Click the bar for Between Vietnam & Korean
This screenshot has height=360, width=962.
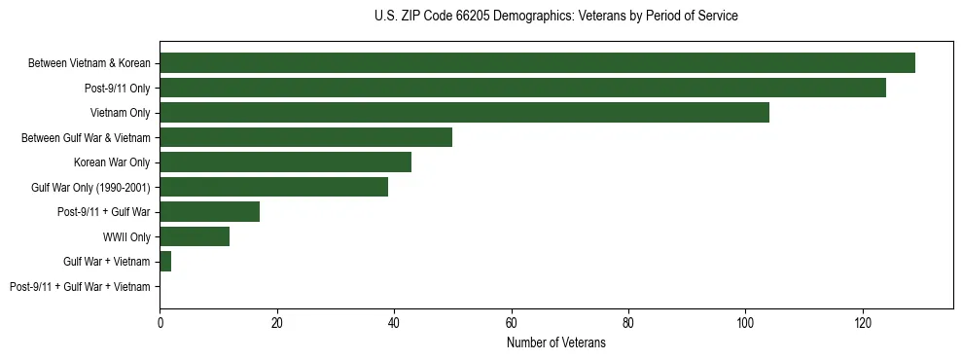pyautogui.click(x=537, y=63)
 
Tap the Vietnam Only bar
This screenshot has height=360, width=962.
pyautogui.click(x=464, y=113)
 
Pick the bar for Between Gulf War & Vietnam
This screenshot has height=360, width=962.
pyautogui.click(x=305, y=137)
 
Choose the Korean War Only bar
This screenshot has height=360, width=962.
pyautogui.click(x=285, y=162)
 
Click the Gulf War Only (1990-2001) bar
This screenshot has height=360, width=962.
pyautogui.click(x=273, y=187)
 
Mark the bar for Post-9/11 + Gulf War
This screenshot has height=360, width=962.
pyautogui.click(x=209, y=212)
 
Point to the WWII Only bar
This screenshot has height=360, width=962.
pyautogui.click(x=195, y=236)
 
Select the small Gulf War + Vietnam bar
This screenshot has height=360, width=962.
pyautogui.click(x=165, y=262)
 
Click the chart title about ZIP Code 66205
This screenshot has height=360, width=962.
pyautogui.click(x=555, y=17)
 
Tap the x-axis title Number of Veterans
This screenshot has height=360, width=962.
pyautogui.click(x=555, y=342)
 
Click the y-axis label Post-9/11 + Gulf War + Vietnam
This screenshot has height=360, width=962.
pyautogui.click(x=80, y=287)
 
